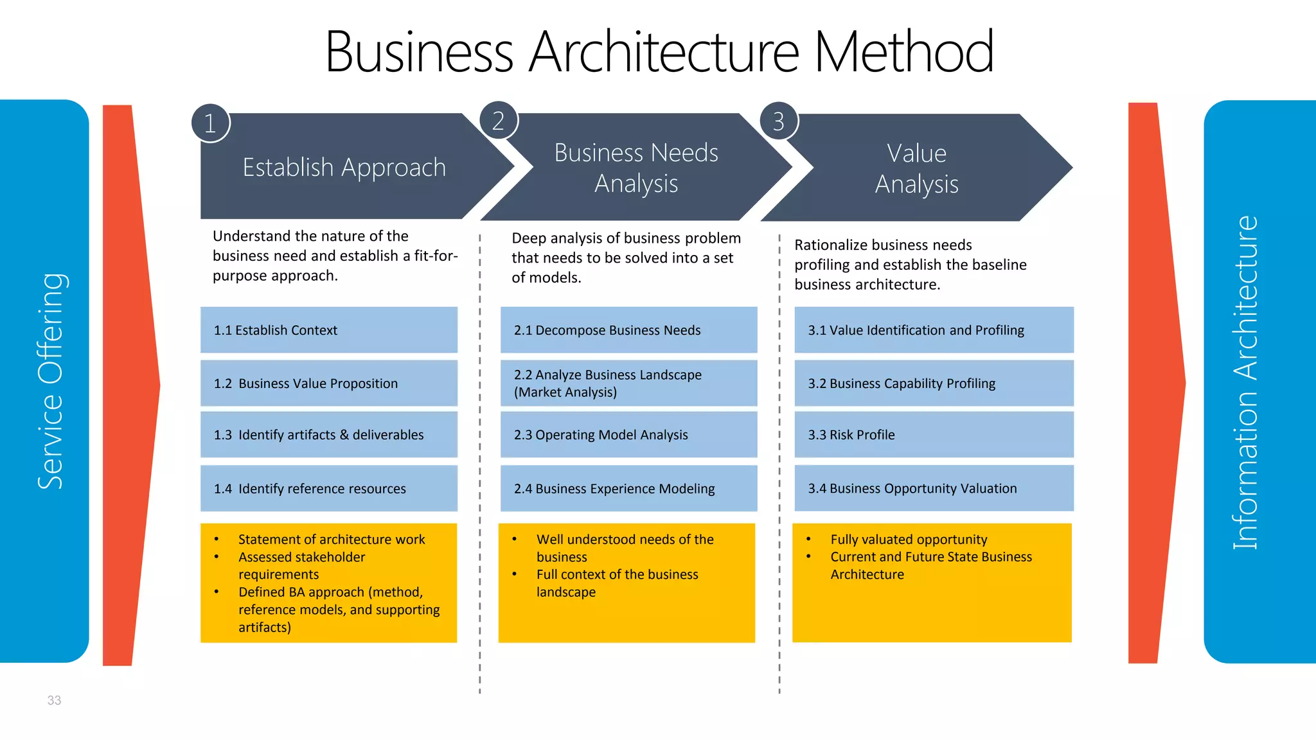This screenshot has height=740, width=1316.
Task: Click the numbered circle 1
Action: point(210,123)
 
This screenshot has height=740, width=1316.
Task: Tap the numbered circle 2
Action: point(498,120)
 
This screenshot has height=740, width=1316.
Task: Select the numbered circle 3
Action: point(778,121)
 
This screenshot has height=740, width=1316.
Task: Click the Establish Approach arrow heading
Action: point(344,167)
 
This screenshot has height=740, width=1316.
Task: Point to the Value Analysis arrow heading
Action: point(916,168)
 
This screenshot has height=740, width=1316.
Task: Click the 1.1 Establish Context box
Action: point(328,330)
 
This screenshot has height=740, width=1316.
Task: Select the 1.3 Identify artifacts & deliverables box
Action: point(328,435)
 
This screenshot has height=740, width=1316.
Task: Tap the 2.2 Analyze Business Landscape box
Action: point(628,383)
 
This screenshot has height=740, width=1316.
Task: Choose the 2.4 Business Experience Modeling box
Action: point(628,488)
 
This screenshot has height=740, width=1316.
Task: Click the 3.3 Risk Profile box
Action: point(933,435)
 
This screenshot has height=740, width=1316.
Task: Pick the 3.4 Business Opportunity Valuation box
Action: point(933,488)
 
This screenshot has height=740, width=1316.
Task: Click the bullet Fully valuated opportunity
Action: point(908,540)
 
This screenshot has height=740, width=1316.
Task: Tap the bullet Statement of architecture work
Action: point(331,540)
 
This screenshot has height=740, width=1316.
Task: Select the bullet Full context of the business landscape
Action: point(617,583)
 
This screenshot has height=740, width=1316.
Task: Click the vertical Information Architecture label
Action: point(1245,382)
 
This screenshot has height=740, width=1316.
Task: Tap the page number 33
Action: point(54,700)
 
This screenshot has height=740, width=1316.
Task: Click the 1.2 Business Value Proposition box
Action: point(328,383)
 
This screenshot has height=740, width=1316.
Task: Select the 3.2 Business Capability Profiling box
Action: point(933,383)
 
